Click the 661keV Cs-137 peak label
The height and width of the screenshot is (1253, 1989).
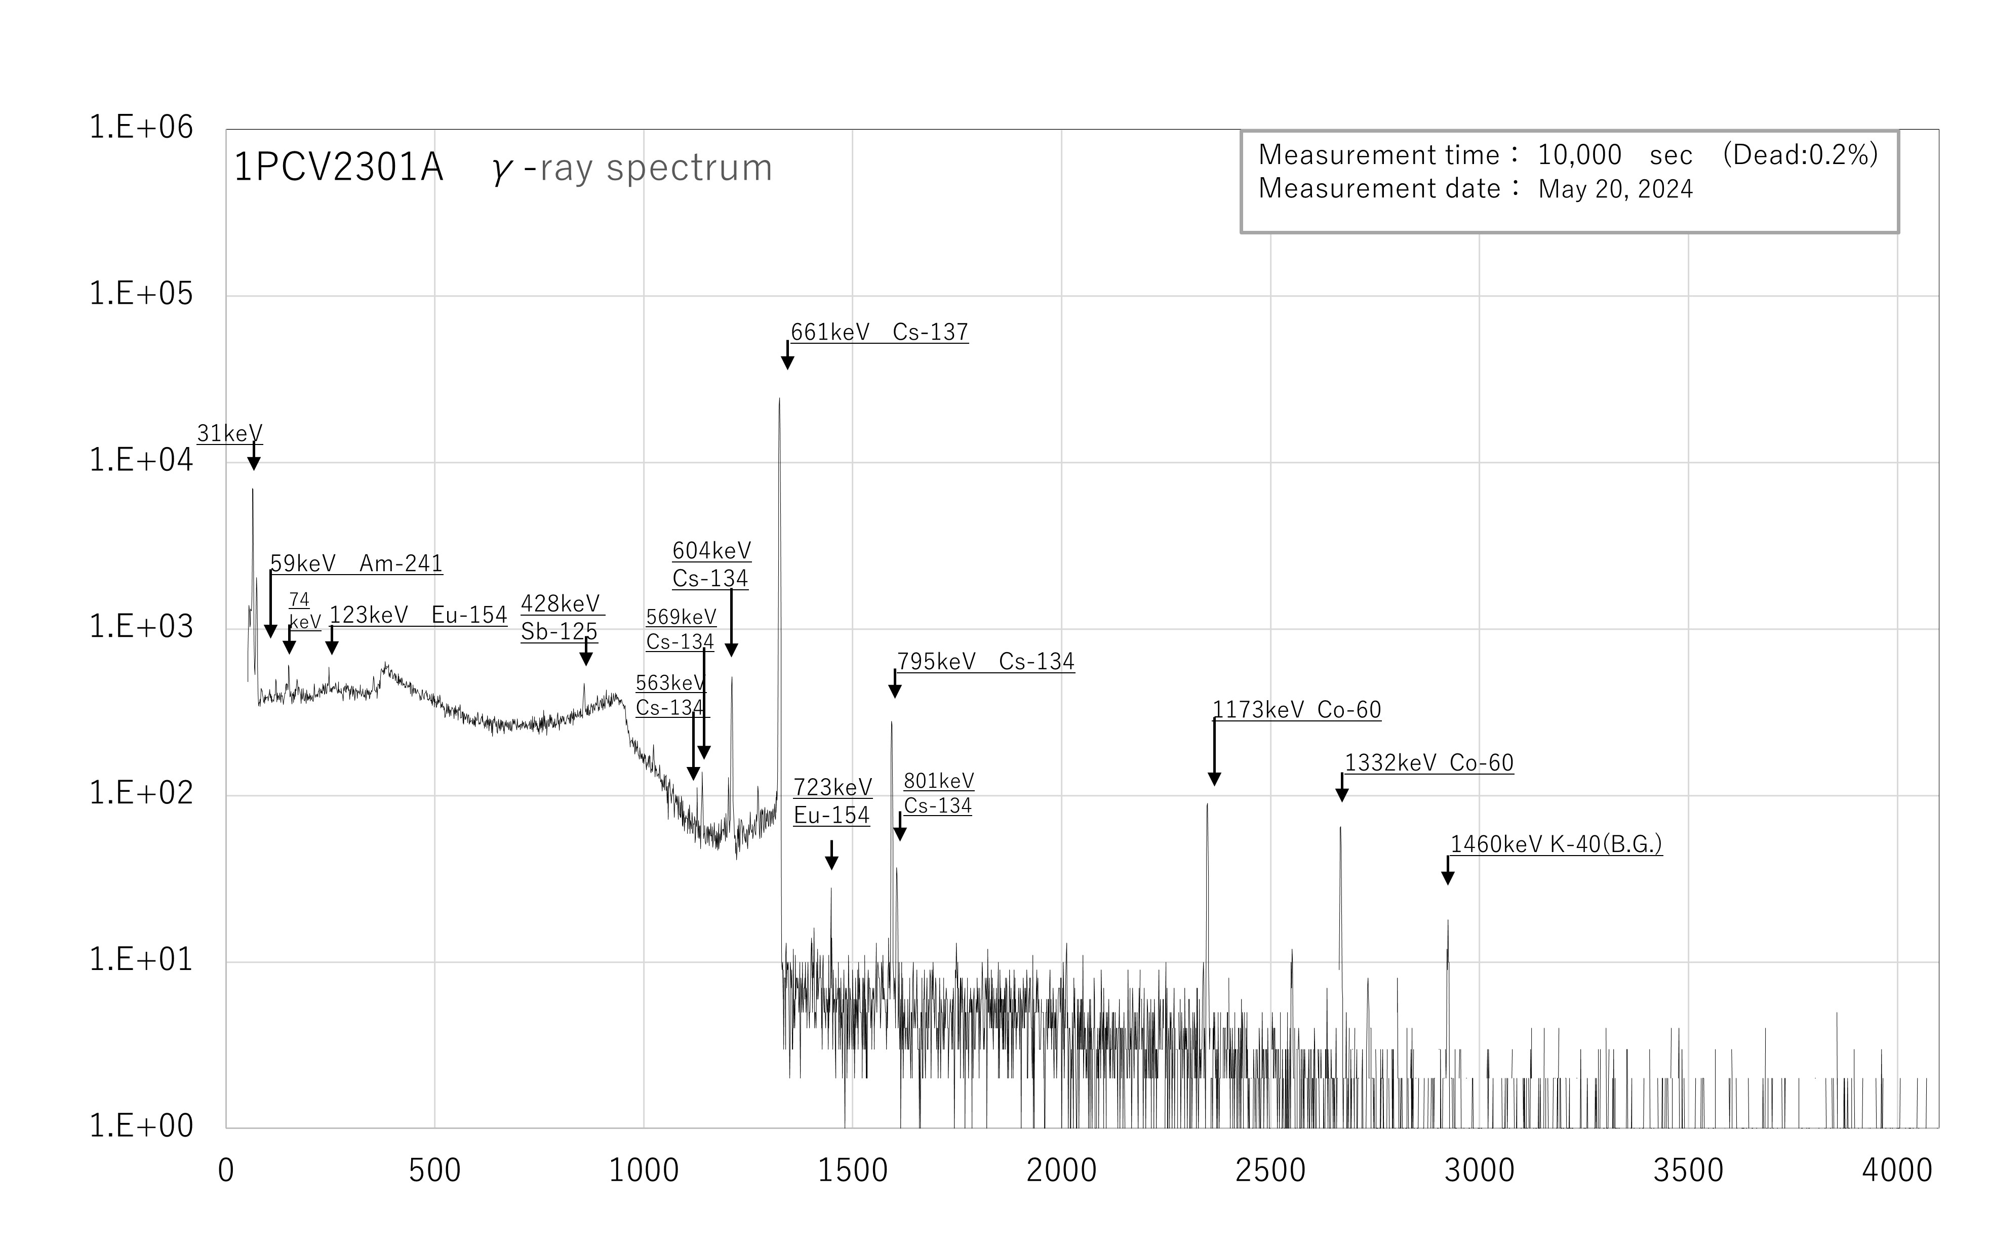[x=879, y=332]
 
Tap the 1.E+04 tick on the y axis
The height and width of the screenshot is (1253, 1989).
[x=140, y=460]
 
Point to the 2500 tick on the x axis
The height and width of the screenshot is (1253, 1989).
[x=1269, y=1170]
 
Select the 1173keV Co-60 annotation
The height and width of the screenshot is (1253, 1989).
[x=1296, y=709]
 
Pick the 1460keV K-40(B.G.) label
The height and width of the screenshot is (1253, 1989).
[x=1556, y=844]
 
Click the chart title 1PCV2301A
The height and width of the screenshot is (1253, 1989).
[x=339, y=168]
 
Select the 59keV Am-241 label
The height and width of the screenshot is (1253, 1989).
[x=356, y=563]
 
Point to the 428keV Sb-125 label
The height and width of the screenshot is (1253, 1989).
[x=560, y=617]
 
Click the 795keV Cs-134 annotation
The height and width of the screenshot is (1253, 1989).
[x=985, y=662]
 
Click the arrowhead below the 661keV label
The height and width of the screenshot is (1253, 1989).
[x=787, y=363]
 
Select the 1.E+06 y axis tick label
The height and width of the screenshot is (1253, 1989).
[x=140, y=127]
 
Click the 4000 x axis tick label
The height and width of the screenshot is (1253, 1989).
[x=1896, y=1170]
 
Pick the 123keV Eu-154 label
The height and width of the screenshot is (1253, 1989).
[x=418, y=615]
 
